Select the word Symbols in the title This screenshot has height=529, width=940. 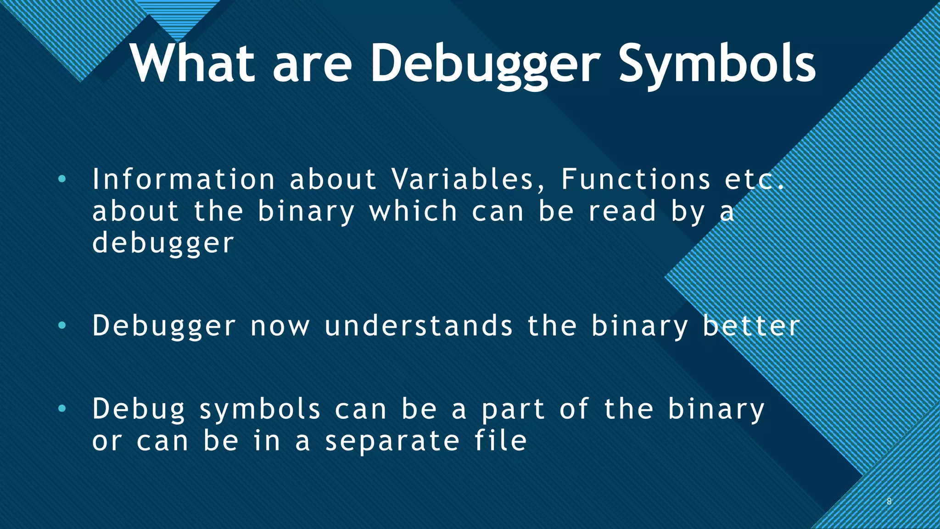(x=717, y=64)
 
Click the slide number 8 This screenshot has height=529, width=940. (x=889, y=501)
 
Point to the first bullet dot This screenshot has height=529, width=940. (x=62, y=179)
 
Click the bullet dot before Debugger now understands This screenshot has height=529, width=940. (x=62, y=326)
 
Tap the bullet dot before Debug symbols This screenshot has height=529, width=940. (x=62, y=409)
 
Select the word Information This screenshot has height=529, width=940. (x=184, y=179)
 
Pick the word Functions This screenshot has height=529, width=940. (x=636, y=179)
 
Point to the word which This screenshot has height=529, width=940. (x=414, y=211)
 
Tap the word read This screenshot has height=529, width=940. (x=622, y=211)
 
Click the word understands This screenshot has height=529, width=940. (x=419, y=326)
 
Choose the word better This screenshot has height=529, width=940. (x=751, y=326)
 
